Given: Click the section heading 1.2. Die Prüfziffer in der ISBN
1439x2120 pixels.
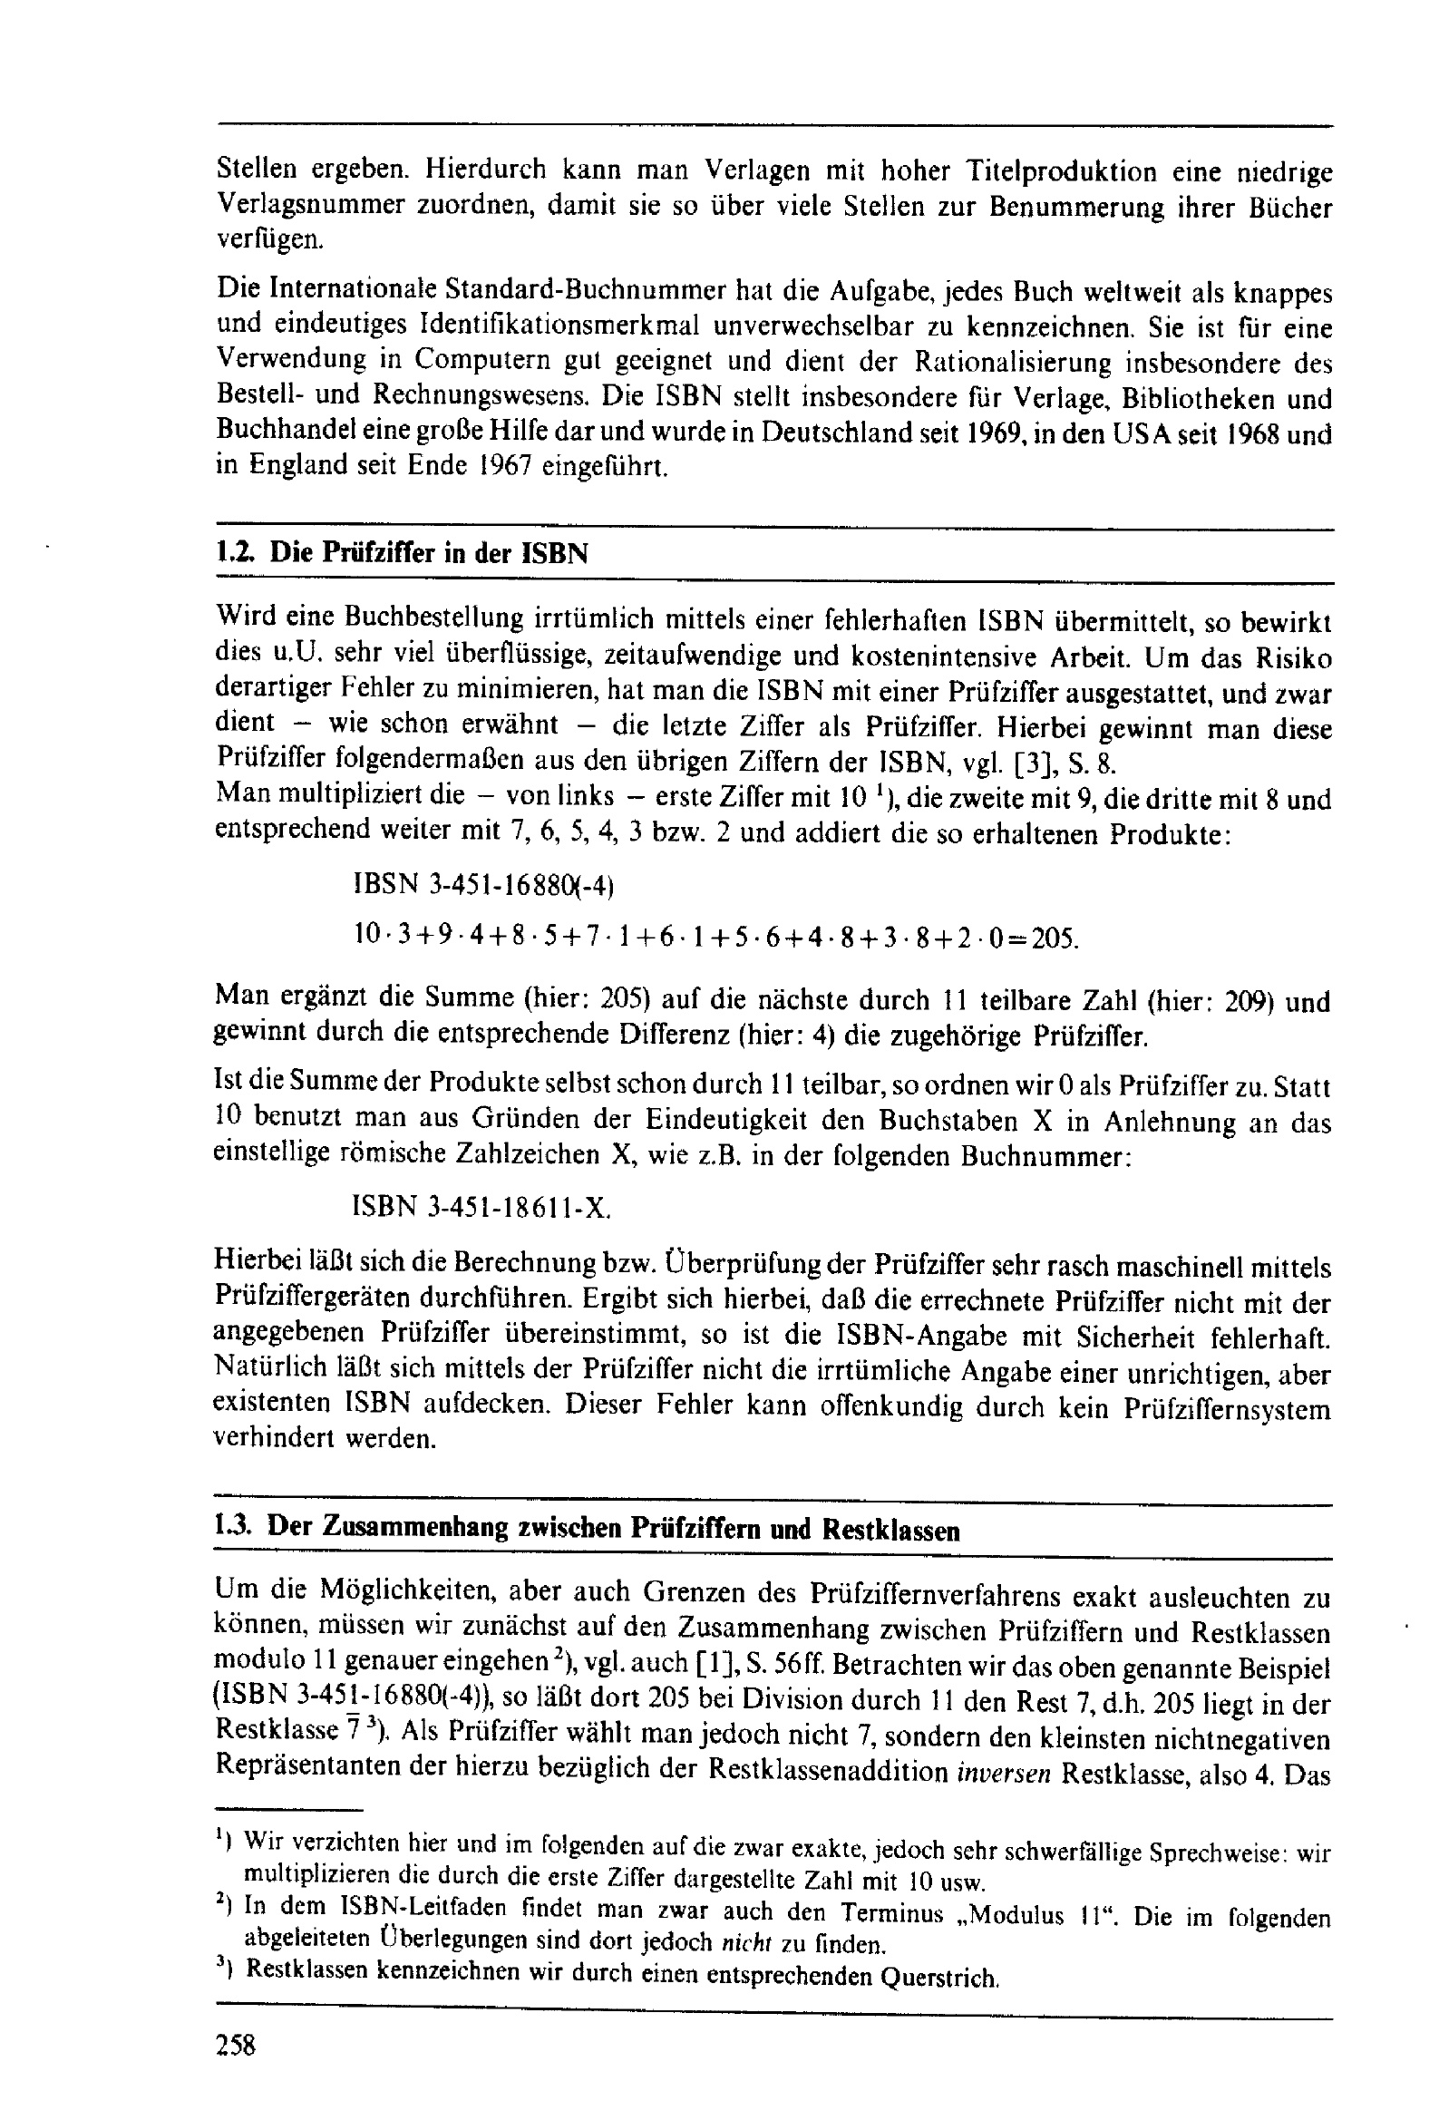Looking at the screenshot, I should coord(402,554).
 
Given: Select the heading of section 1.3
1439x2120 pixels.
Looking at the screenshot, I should coord(586,1527).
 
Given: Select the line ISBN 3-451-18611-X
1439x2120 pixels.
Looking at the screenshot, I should coord(480,1208).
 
